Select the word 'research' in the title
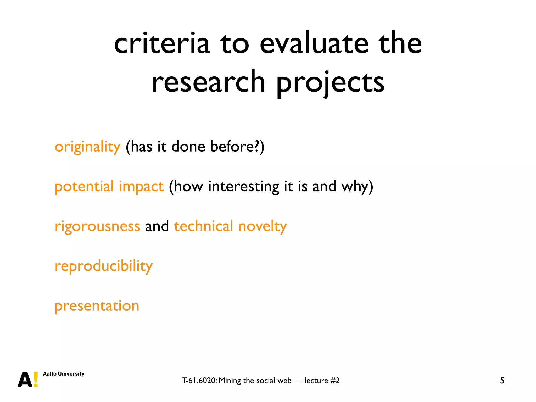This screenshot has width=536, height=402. click(208, 82)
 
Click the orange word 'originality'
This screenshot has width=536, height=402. click(87, 147)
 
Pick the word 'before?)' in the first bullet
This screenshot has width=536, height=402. click(237, 146)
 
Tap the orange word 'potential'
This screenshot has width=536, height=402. click(84, 187)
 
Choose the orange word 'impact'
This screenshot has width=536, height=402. click(141, 187)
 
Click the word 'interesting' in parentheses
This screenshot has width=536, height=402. click(244, 187)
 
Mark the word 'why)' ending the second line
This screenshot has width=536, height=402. click(357, 187)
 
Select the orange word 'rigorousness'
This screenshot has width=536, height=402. click(97, 226)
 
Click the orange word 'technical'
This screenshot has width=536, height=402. click(203, 226)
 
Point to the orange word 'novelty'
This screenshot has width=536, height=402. click(263, 226)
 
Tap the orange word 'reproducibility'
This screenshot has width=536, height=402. click(104, 266)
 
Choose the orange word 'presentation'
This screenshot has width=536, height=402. click(97, 306)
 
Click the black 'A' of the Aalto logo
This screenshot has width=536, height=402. click(25, 380)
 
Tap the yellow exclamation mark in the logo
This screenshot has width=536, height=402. click(36, 379)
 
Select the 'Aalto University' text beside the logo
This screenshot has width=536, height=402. click(64, 374)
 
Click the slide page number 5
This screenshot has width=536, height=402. click(502, 380)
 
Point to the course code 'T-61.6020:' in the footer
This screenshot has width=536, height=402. click(199, 381)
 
